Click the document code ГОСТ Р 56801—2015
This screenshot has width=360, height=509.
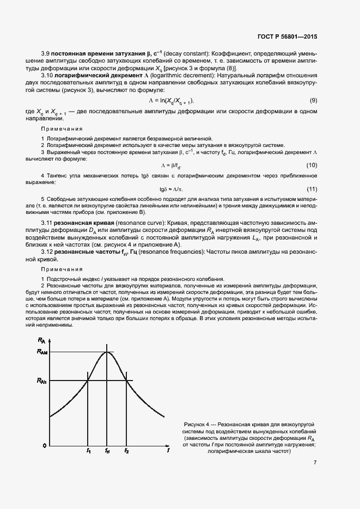(x=287, y=36)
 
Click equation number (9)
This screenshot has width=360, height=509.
(x=314, y=101)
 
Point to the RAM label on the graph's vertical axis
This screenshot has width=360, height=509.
(x=42, y=352)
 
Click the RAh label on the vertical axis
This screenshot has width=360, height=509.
(x=42, y=381)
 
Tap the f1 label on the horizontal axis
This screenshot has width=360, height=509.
(x=88, y=451)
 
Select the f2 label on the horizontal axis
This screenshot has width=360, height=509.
(x=126, y=451)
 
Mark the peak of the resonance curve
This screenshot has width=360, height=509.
(x=107, y=352)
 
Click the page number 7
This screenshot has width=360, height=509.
(x=315, y=463)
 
